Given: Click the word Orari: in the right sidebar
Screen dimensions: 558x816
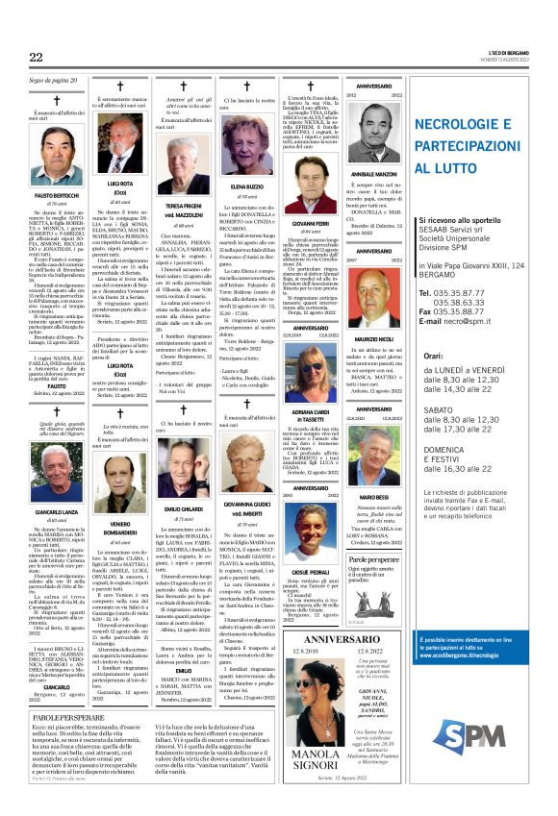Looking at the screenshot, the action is click(x=427, y=356).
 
